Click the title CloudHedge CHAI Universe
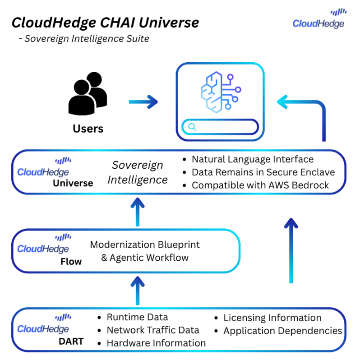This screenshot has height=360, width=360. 105,23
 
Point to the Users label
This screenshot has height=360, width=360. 88,129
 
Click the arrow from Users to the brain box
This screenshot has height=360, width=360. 143,102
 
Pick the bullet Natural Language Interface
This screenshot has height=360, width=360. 252,159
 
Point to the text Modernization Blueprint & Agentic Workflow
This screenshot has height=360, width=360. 144,251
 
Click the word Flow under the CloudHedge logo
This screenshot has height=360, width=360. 71,261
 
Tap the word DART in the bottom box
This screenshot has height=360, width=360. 71,341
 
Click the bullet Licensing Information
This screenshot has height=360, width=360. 272,318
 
